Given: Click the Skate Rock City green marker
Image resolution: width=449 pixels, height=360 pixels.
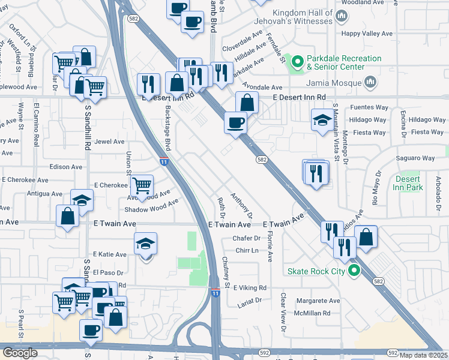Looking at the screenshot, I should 354,271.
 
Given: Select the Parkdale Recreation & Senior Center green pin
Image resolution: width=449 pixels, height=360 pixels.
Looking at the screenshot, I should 297,62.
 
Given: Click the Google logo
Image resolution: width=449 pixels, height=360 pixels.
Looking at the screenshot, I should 20,353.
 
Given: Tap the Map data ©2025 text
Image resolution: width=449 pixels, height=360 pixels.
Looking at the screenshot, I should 423,355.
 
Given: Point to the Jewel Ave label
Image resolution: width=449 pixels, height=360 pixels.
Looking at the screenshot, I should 109,142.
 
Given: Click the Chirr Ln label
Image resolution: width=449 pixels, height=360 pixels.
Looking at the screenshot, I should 247,250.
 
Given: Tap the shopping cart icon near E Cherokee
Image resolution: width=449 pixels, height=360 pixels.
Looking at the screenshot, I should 142,185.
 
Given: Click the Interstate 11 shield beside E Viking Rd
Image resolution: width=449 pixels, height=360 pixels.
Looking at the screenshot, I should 215,292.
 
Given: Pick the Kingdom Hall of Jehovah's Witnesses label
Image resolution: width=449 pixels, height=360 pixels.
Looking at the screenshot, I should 302,17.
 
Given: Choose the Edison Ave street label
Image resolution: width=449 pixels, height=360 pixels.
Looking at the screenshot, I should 66,167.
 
